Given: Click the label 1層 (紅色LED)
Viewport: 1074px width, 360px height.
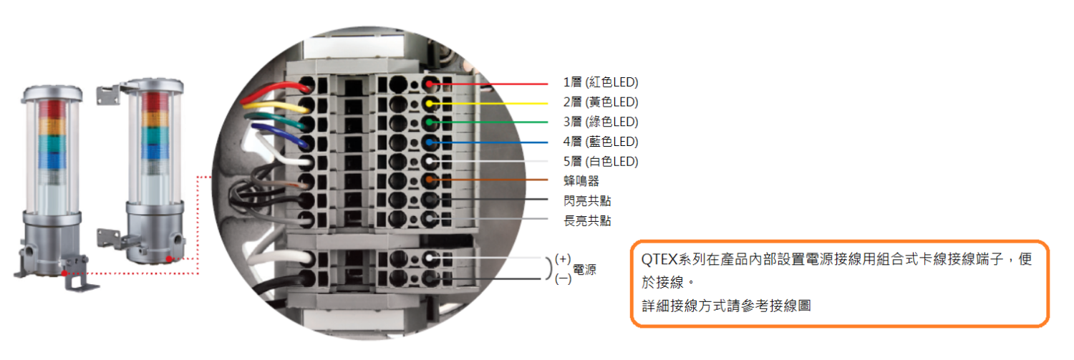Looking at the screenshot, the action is [x=601, y=82].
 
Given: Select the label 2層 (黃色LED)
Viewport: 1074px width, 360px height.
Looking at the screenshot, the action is [x=601, y=102].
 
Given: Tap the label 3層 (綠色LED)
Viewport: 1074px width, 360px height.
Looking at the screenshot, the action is [x=601, y=122].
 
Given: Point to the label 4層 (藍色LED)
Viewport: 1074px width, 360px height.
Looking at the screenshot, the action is [x=601, y=142].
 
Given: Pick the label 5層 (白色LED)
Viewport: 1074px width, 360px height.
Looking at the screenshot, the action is [x=601, y=162].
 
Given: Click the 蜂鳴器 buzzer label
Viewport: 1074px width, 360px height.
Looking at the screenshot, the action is [x=581, y=181].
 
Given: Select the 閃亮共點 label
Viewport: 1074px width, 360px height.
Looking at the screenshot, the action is [x=587, y=201].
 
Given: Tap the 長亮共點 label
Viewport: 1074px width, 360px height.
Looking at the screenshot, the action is [x=587, y=220].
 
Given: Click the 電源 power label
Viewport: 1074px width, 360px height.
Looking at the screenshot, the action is [x=584, y=269].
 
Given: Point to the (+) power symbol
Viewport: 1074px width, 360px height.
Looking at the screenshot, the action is [x=563, y=259].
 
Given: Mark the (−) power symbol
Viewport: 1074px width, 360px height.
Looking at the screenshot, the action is [x=563, y=278].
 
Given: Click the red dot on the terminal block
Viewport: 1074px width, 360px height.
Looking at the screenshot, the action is [x=429, y=84].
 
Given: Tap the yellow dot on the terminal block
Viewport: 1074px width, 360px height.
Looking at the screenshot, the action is [x=430, y=104].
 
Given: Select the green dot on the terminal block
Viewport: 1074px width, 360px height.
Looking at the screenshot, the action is [x=430, y=122].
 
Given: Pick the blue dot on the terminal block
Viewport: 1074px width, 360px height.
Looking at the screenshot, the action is [x=430, y=142].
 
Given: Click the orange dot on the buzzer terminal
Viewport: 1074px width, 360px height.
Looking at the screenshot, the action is [x=430, y=180].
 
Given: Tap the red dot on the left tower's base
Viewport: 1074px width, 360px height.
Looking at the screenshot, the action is [x=64, y=273].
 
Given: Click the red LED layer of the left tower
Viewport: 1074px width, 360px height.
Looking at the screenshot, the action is [x=52, y=110].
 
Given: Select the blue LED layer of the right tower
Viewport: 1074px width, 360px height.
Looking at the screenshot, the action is [x=155, y=152].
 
